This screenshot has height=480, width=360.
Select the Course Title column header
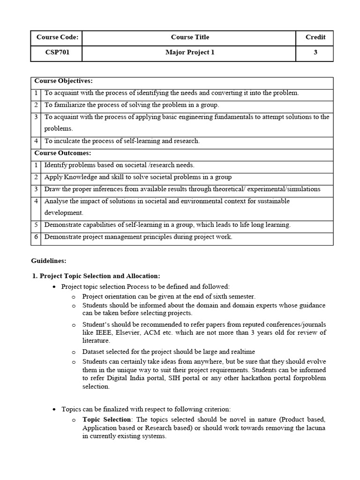tap(190, 37)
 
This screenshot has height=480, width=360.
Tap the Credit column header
tap(315, 37)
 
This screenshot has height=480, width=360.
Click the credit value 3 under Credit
tap(315, 52)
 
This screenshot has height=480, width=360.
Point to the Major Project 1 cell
tap(190, 52)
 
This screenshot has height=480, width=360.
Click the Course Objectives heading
tap(63, 81)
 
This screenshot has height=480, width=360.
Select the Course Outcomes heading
tap(63, 153)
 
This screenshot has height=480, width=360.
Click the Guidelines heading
tap(49, 260)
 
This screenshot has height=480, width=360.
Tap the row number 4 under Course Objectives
tap(36, 141)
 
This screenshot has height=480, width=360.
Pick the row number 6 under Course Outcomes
tap(36, 237)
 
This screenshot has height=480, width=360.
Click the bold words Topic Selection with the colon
tap(106, 420)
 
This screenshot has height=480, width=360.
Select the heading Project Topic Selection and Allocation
tap(100, 276)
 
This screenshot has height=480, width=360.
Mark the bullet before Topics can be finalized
tap(54, 409)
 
